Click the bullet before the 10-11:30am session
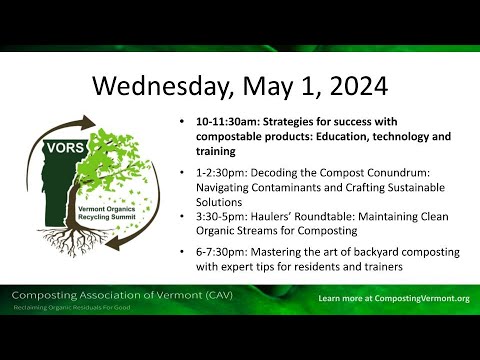182,123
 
